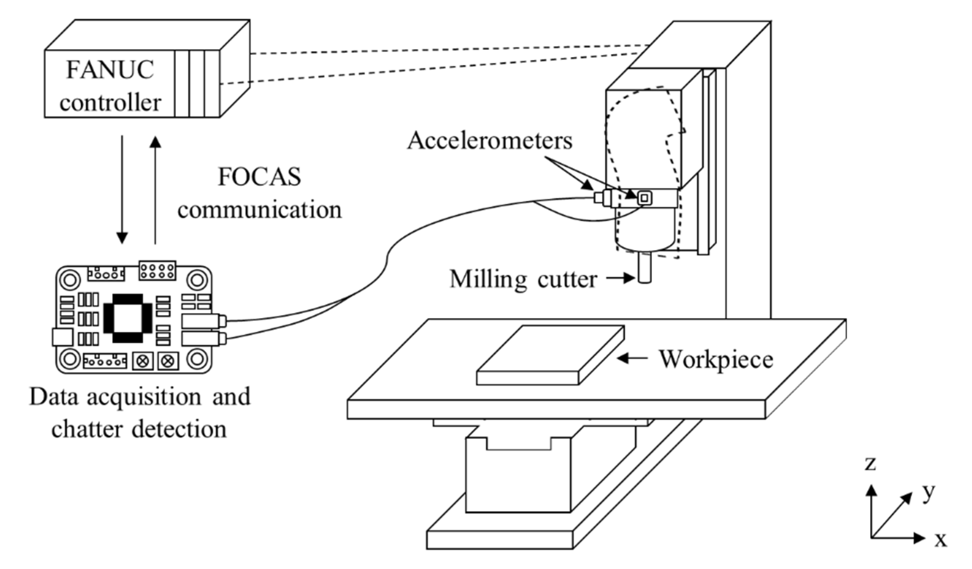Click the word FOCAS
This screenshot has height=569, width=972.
259,177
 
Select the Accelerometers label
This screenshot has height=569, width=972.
490,141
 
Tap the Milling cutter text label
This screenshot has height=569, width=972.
523,279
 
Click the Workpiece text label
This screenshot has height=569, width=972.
716,359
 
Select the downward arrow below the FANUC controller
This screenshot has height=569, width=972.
122,189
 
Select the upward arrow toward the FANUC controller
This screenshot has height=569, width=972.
155,189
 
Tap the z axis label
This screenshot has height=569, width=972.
870,463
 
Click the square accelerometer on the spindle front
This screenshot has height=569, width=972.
644,198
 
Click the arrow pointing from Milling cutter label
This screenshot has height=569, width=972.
620,278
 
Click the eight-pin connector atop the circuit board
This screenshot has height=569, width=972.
157,270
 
